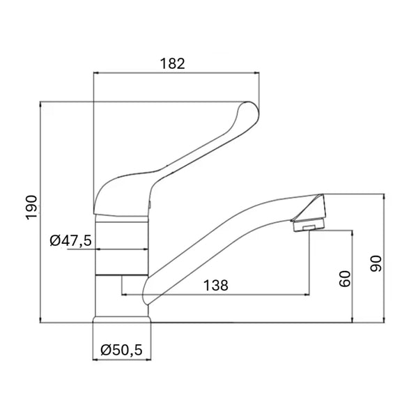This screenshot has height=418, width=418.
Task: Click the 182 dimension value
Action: pos(172,64)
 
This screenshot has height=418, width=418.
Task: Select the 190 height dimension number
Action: pos(31,208)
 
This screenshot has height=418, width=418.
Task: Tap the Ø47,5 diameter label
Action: pos(70,240)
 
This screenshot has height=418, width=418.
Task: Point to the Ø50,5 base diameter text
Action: pos(121,350)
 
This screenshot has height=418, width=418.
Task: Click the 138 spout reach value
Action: pos(216,285)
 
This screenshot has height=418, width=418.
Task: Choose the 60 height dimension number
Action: pos(345,279)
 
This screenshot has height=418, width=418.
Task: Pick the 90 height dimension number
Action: pos(376,263)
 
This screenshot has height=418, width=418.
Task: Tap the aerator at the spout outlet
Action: pos(309,225)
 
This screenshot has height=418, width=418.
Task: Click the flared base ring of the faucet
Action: pos(121,320)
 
